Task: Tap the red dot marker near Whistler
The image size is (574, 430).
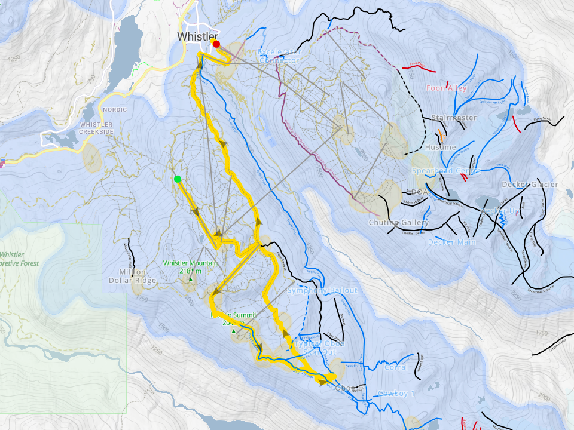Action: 216,44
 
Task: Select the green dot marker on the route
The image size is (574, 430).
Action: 178,179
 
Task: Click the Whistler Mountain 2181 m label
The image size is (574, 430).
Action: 190,266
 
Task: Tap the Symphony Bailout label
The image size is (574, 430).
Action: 322,291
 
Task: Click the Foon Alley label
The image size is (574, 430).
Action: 446,88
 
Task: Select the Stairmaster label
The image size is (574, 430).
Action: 454,118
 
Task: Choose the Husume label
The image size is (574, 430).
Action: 441,147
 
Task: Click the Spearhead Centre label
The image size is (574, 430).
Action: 446,171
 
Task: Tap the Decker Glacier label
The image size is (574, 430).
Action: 530,185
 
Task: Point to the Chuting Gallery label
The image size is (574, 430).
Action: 399,223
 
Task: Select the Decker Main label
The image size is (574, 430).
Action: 451,242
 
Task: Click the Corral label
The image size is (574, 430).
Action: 396,367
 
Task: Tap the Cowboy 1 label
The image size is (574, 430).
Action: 396,394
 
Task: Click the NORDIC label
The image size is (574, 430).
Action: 115,110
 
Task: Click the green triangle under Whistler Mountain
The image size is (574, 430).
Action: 191,279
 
